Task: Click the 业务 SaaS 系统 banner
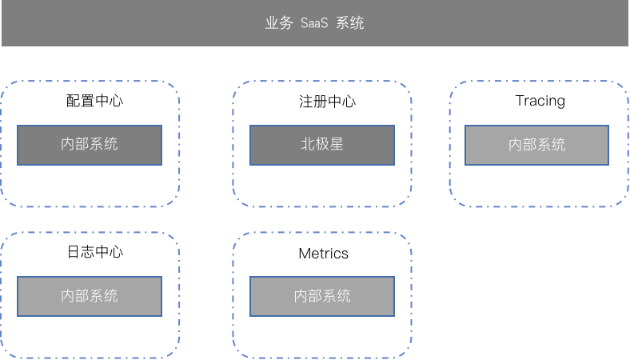click(x=314, y=22)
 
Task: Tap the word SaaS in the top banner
click(x=314, y=23)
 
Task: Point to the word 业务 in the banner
click(x=279, y=23)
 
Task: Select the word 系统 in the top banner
click(x=350, y=23)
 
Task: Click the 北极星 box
click(x=322, y=145)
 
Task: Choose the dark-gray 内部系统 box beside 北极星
click(x=90, y=145)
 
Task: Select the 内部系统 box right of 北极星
click(x=536, y=145)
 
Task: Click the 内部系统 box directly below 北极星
click(x=322, y=296)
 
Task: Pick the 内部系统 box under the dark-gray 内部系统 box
click(x=90, y=296)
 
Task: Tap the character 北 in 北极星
click(x=308, y=145)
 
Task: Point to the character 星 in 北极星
click(x=337, y=145)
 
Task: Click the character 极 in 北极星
click(x=322, y=145)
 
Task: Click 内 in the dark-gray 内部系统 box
click(x=68, y=145)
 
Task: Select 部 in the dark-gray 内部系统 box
click(x=82, y=145)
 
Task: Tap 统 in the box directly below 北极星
click(x=344, y=296)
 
